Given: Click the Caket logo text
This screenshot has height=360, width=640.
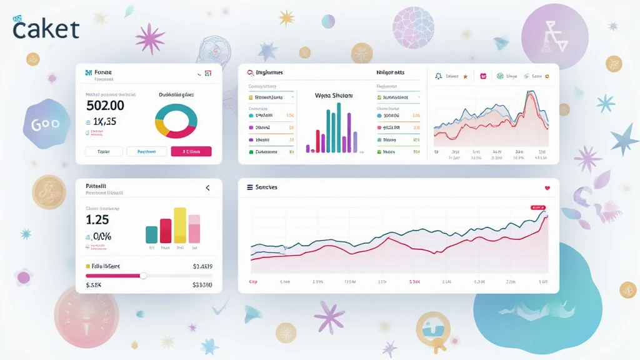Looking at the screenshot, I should pos(46,28).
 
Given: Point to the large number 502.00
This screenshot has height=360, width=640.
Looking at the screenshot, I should pos(105,106).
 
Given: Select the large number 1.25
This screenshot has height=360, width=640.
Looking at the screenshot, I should pos(97,219).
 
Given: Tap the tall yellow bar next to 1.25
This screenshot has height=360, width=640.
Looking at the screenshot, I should pos(179,225).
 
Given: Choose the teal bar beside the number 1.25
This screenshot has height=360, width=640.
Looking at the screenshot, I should pos(151,234).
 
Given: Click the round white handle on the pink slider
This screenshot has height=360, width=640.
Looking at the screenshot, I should pos(143,275).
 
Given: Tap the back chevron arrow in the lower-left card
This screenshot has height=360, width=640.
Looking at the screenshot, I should pos(207,187).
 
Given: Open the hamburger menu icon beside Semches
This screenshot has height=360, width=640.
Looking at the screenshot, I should pos(250,187).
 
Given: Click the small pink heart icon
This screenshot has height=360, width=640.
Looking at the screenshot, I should pos(547,187).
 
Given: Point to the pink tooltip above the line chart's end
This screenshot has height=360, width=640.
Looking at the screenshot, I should pos(537,207).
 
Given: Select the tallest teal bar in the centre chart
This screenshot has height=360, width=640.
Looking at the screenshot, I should pos(339,127).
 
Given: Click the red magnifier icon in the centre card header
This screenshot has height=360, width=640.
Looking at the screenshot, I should pos(250,73).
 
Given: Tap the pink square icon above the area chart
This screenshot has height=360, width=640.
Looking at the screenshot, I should pos(483,76).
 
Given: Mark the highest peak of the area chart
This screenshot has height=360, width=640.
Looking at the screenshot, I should pos(531,93).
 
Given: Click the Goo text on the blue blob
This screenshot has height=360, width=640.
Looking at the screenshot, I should pos(45,124).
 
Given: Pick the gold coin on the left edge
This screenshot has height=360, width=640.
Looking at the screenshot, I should pos(49,191).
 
